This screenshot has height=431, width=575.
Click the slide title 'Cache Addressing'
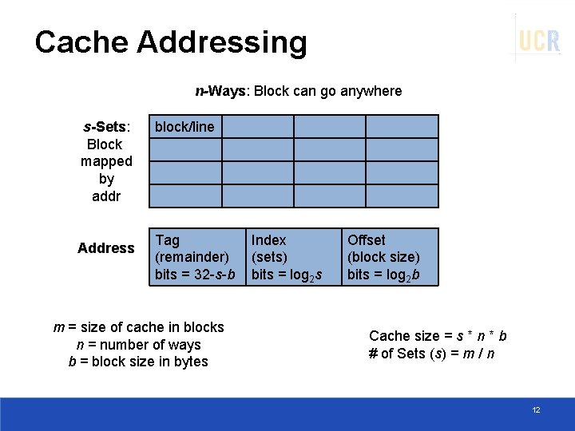click(x=171, y=42)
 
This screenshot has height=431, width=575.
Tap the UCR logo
click(x=539, y=39)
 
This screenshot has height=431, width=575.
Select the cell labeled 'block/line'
click(x=185, y=127)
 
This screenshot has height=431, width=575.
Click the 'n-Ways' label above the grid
click(x=221, y=91)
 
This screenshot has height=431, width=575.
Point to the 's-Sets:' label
click(x=107, y=127)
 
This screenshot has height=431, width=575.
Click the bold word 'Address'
click(x=106, y=248)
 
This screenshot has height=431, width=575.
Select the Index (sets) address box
click(x=294, y=257)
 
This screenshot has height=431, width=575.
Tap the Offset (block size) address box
click(x=391, y=257)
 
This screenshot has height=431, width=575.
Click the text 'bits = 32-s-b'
click(x=195, y=275)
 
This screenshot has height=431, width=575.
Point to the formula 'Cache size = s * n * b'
click(x=438, y=336)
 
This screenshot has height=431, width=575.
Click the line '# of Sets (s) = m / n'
click(x=431, y=354)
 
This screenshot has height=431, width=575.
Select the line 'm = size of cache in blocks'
click(x=138, y=327)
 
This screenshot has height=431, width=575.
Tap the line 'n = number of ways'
click(x=138, y=345)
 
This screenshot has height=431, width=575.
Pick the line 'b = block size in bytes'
click(x=138, y=362)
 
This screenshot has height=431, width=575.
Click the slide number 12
click(x=536, y=410)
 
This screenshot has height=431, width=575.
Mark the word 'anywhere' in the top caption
click(x=371, y=91)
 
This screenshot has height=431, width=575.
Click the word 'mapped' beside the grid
click(x=106, y=161)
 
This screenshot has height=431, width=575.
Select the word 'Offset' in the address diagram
click(x=366, y=240)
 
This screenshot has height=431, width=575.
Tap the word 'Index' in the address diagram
click(x=268, y=240)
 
